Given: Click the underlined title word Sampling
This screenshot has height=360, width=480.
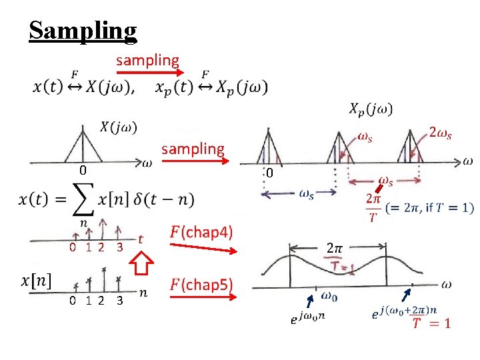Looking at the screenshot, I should tap(83, 30).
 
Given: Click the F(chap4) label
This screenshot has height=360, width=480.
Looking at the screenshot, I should tap(201, 233).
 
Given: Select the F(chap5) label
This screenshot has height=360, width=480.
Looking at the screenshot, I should tap(201, 285).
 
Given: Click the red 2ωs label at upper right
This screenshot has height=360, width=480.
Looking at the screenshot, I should tap(441, 133).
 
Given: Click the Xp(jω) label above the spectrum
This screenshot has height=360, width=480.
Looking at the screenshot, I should tap(371, 109).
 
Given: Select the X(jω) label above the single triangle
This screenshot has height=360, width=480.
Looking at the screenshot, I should tap(119, 127).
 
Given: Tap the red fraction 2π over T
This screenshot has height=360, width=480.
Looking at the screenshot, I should tap(374, 207).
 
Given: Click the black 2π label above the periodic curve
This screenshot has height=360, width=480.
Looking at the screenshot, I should tap(335, 247).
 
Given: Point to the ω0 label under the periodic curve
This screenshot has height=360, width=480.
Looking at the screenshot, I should tap(329, 295).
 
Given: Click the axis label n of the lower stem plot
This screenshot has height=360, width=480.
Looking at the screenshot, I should tap(143, 292).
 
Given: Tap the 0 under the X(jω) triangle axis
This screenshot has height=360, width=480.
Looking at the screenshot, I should tap(82, 171).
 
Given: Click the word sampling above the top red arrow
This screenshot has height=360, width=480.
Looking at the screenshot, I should tap(147, 61).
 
